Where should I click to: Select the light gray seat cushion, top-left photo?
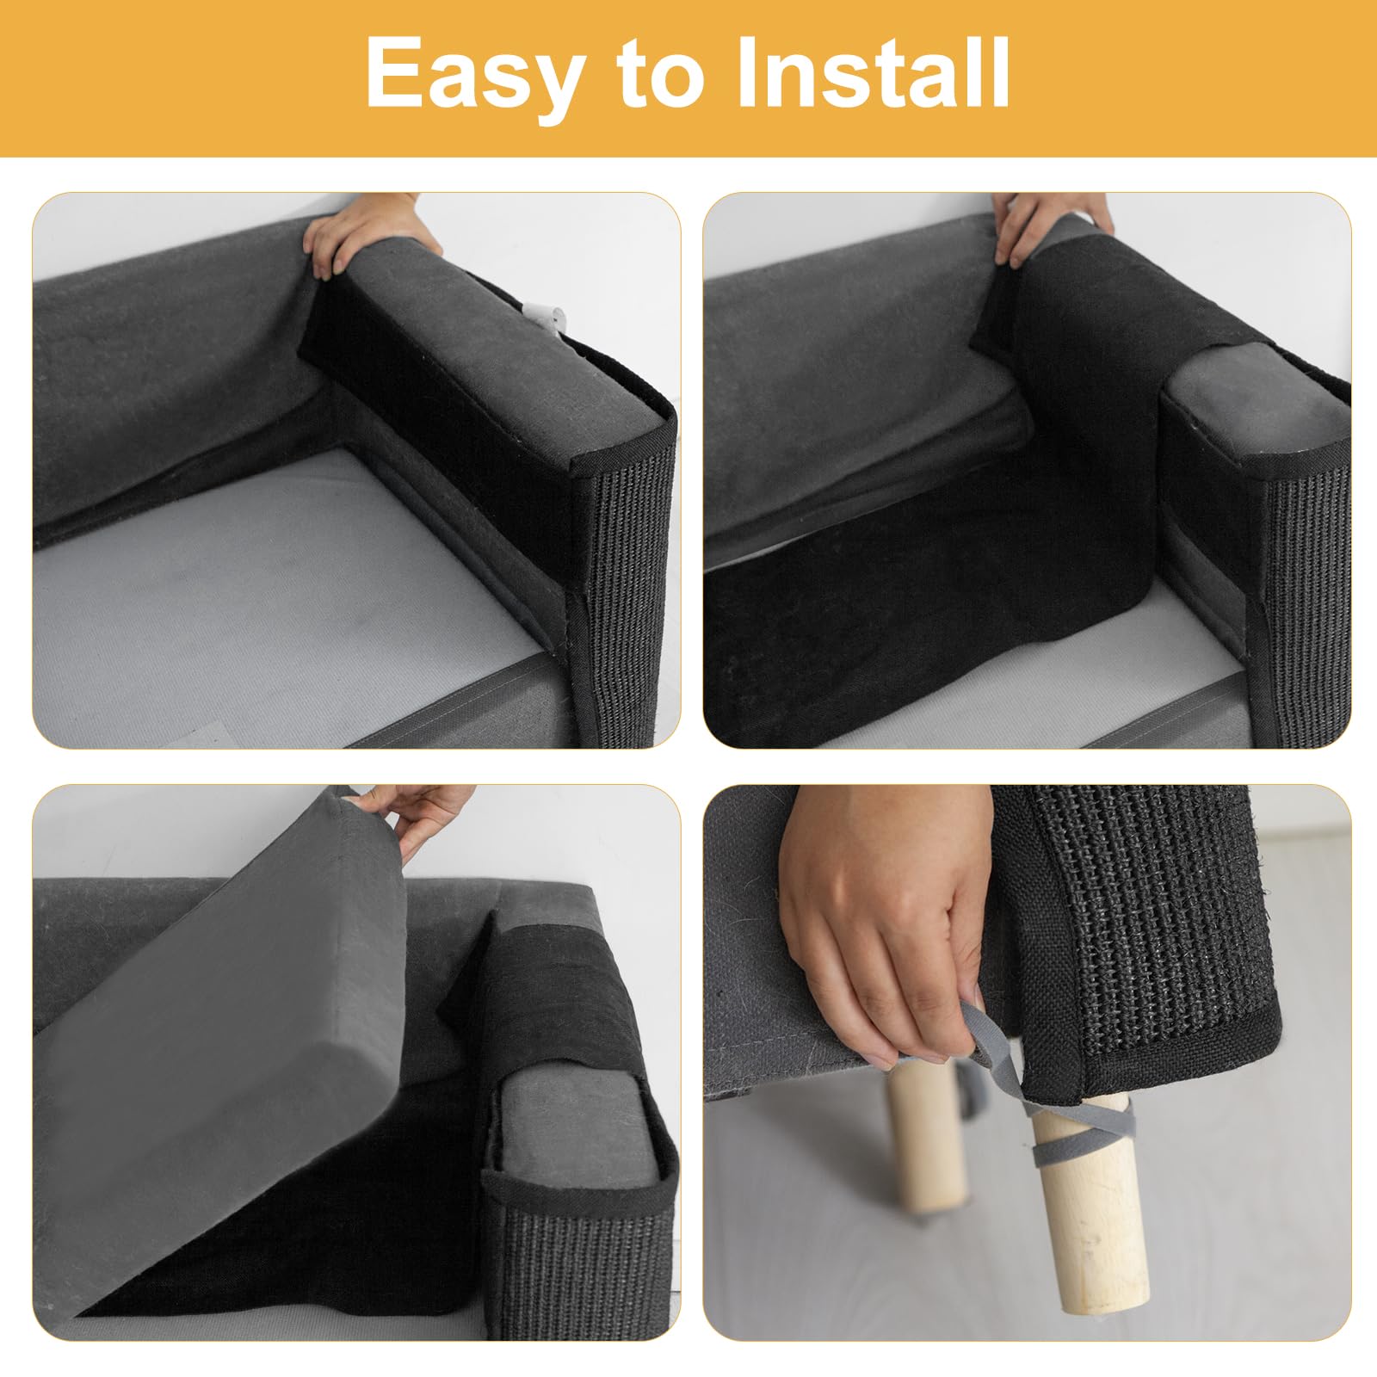pyautogui.click(x=284, y=602)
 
